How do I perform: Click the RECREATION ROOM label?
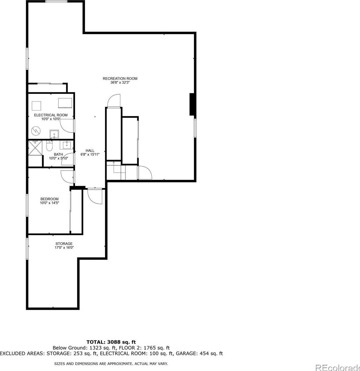pos(120,79)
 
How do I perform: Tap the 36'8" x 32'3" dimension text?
pos(120,83)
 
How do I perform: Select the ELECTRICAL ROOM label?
pos(51,115)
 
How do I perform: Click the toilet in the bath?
pos(49,146)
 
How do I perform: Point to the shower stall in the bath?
pos(35,148)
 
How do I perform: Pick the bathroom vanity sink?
pos(66,145)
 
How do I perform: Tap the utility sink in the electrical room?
pos(54,134)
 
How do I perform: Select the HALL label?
pos(90,150)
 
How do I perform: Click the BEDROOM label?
pos(49,199)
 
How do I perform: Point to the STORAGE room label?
pos(64,244)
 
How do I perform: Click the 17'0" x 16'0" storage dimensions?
pos(64,248)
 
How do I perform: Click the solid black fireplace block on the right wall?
pos(192,104)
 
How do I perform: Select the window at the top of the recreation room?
pos(56,1)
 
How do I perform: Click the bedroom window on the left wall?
pos(27,205)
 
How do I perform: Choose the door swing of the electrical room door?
pos(67,126)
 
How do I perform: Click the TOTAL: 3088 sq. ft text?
pos(111,342)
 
